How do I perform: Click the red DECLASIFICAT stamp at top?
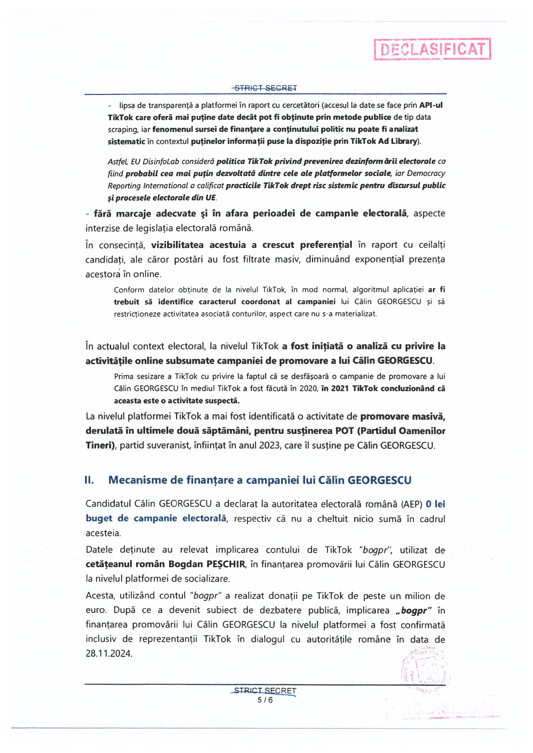(x=432, y=49)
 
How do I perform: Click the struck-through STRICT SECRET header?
(x=265, y=88)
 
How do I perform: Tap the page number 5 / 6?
(x=265, y=700)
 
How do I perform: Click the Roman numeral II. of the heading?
(x=89, y=480)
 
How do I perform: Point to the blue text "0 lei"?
(x=435, y=504)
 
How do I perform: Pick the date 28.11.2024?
(x=109, y=653)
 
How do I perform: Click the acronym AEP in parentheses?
(x=412, y=504)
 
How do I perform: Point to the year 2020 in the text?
(x=308, y=389)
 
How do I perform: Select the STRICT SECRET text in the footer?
(x=265, y=691)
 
